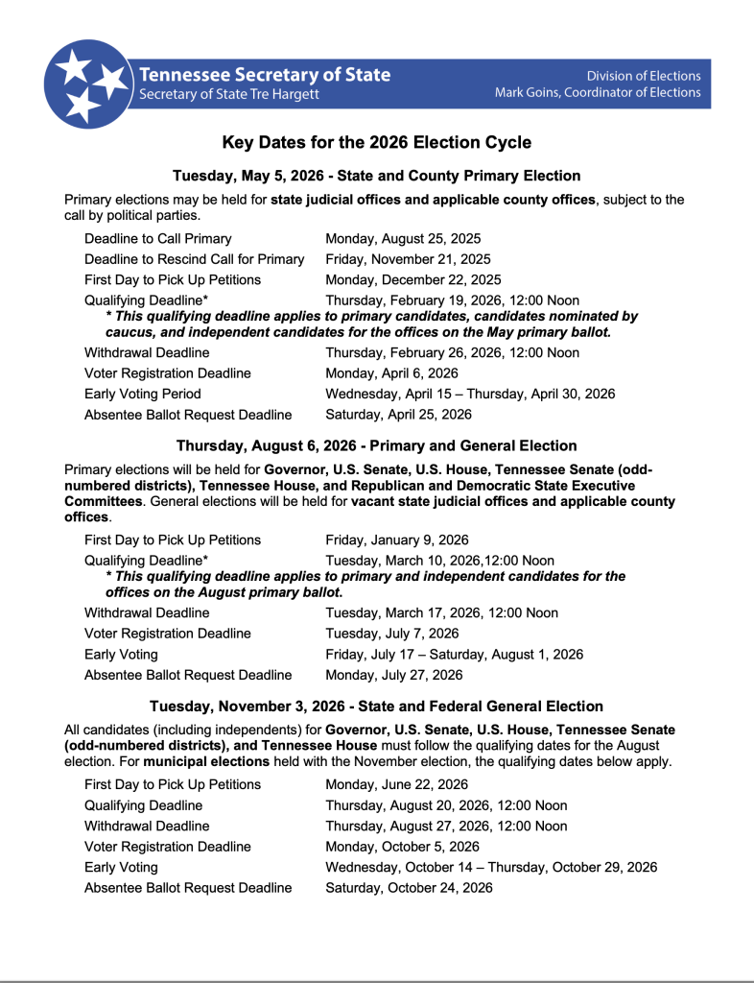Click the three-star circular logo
(x=87, y=84)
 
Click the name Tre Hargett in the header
(x=285, y=94)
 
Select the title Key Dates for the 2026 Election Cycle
(x=376, y=143)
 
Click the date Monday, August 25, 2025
(x=403, y=238)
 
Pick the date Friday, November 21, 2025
(x=408, y=259)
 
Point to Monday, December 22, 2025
(x=412, y=279)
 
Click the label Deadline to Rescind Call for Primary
(x=194, y=259)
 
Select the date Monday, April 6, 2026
(x=391, y=372)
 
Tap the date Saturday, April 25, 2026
(x=398, y=415)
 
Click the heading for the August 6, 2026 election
(x=376, y=445)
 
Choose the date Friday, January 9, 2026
(x=396, y=539)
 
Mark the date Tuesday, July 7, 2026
(x=391, y=633)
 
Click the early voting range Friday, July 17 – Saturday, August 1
(x=454, y=654)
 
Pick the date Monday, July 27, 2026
(x=393, y=675)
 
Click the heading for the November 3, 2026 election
(x=376, y=706)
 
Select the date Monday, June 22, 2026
(x=396, y=784)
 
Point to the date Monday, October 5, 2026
(x=402, y=846)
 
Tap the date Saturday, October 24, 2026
(x=409, y=888)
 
